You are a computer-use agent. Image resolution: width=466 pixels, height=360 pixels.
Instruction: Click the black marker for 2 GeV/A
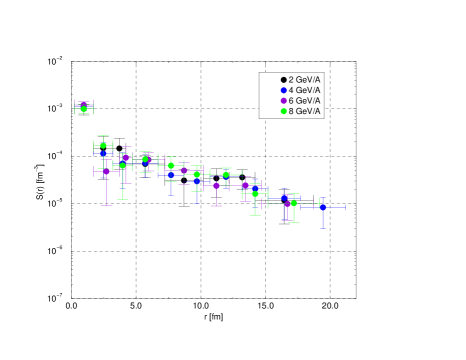pos(284,80)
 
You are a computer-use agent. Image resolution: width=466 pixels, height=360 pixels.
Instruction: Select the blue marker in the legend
pos(284,90)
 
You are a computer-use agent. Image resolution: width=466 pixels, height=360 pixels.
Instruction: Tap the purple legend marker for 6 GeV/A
pos(284,101)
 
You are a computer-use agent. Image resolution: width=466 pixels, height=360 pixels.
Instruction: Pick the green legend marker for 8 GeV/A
pos(284,111)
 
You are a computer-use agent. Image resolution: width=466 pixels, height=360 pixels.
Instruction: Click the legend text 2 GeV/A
pos(305,80)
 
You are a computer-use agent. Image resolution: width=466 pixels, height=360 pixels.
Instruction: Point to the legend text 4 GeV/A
pos(305,90)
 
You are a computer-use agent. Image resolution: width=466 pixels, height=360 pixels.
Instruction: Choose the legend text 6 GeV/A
pos(305,101)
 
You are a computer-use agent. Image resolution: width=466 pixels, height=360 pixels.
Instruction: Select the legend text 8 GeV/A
pos(305,111)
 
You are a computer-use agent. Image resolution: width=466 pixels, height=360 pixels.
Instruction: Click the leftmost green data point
pos(83,108)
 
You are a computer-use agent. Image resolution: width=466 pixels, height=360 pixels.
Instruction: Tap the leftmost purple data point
pos(83,104)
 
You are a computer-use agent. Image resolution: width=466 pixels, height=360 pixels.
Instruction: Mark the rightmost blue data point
pos(323,207)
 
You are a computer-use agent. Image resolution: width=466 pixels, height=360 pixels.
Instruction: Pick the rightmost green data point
pos(293,203)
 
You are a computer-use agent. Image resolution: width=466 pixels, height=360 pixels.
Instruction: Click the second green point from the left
pos(103,145)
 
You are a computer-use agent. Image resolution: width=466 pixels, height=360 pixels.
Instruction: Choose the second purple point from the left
pos(107,171)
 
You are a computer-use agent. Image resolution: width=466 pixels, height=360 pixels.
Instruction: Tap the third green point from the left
pos(123,166)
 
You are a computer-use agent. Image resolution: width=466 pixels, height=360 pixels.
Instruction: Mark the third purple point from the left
pos(126,156)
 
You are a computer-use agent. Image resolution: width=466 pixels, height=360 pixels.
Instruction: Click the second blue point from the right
pos(284,196)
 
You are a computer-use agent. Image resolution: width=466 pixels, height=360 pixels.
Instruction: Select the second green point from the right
pos(255,194)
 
